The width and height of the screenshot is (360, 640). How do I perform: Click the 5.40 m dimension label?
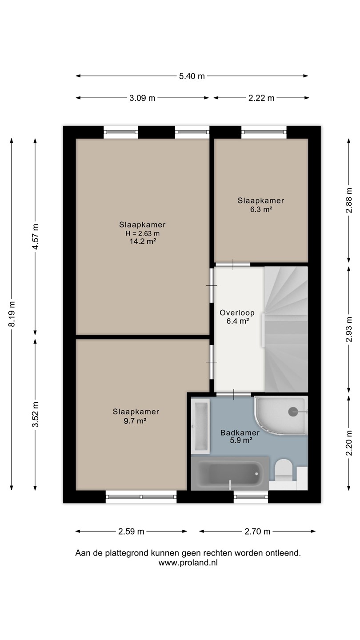click(192, 76)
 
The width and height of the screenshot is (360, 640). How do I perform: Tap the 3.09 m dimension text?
click(142, 98)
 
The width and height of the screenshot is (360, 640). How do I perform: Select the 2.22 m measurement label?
click(261, 98)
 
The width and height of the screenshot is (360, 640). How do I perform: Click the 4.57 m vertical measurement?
click(36, 236)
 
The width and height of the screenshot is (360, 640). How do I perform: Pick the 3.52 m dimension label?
click(36, 414)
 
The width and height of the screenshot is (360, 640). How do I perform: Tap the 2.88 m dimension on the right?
click(349, 200)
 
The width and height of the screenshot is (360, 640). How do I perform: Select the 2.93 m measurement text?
click(349, 329)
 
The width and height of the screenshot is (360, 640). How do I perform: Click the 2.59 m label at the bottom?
click(131, 532)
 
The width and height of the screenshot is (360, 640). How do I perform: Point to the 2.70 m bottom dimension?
click(257, 532)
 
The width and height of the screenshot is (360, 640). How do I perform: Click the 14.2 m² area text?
click(143, 241)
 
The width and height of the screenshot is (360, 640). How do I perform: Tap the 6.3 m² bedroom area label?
click(261, 209)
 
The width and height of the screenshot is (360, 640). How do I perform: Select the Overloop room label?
click(237, 312)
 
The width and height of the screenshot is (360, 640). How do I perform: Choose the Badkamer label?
click(240, 432)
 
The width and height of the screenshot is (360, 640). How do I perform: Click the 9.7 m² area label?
click(135, 420)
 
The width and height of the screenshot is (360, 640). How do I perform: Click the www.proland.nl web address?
click(188, 563)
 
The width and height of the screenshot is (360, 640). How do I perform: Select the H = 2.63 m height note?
click(142, 233)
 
